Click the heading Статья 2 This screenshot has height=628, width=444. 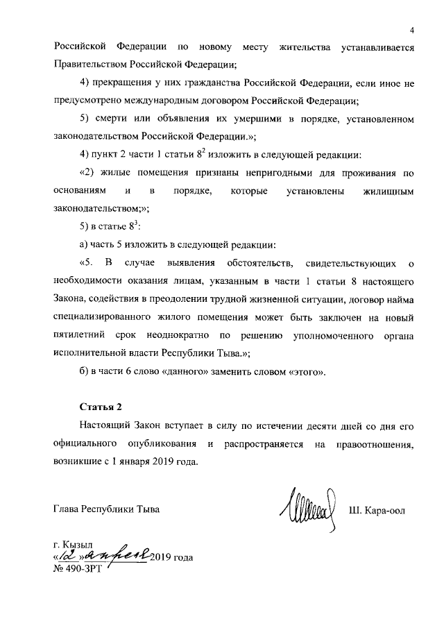click(x=102, y=406)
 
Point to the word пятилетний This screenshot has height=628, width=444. click(x=83, y=335)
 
